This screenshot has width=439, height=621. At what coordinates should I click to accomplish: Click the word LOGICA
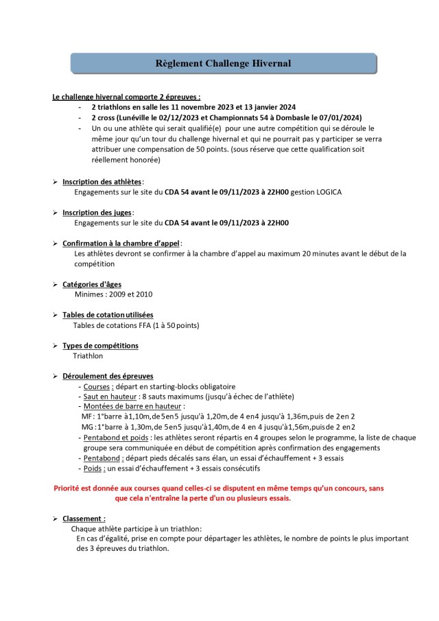point(322,192)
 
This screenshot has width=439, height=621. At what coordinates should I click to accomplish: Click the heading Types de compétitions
point(100,346)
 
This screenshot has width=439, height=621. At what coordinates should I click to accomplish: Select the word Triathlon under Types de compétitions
point(88,356)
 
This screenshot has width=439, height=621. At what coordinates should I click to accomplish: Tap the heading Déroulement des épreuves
point(108,376)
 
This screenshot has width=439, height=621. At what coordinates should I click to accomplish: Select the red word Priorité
point(69,489)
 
